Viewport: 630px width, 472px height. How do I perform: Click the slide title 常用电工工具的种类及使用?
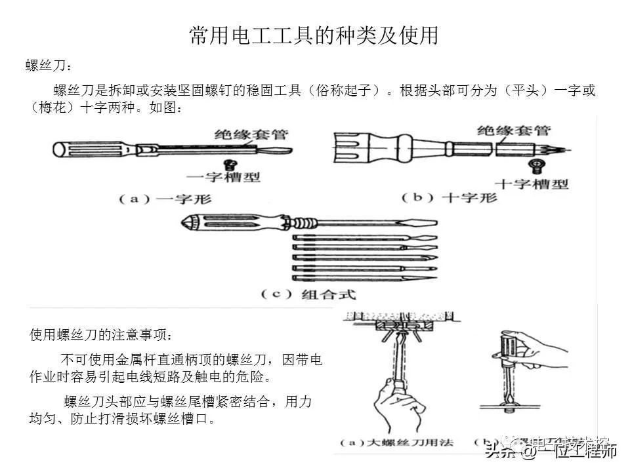coord(314,35)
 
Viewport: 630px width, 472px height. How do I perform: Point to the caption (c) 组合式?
coord(308,294)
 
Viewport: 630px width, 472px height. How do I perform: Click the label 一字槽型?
coord(223,177)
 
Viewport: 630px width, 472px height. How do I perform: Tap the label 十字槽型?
coord(532,184)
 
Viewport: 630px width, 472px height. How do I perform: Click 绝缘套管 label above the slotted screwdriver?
coord(251,135)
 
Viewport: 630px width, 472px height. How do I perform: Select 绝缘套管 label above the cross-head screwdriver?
coord(513,130)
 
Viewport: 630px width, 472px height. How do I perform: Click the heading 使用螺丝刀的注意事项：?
coord(101,335)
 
